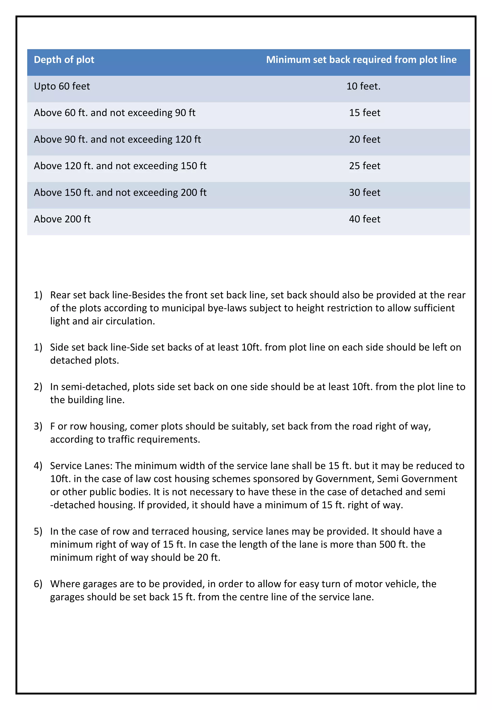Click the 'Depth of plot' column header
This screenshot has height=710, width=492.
coord(64,60)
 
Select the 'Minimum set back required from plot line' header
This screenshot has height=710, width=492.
coord(361,60)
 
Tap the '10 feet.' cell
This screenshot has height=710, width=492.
coord(363,86)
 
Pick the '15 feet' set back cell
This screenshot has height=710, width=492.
coord(364,113)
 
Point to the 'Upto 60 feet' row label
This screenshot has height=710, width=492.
coord(62,86)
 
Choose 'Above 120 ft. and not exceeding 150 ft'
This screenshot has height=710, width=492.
coord(120,166)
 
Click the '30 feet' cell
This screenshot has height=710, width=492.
coord(364,192)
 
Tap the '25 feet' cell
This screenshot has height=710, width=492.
coord(364,166)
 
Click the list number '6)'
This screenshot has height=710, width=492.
coord(38,584)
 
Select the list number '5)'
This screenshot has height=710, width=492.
coord(38,531)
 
